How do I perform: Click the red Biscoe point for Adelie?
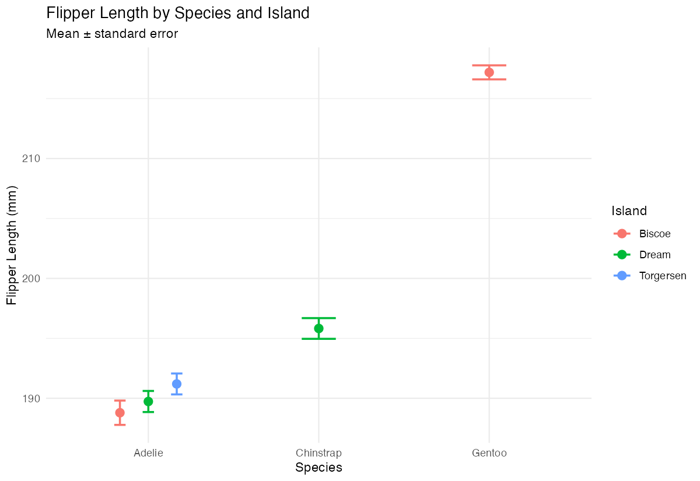pyautogui.click(x=120, y=413)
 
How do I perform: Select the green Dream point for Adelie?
pyautogui.click(x=148, y=401)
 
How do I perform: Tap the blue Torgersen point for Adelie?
pyautogui.click(x=177, y=384)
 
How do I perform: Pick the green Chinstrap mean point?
pyautogui.click(x=318, y=328)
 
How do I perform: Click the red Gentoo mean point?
pyautogui.click(x=489, y=72)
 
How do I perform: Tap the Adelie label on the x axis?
pyautogui.click(x=148, y=453)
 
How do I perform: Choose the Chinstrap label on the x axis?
pyautogui.click(x=318, y=453)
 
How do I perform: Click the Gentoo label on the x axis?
pyautogui.click(x=489, y=453)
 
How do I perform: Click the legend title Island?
pyautogui.click(x=629, y=210)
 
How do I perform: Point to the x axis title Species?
pyautogui.click(x=318, y=468)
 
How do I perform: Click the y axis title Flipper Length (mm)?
pyautogui.click(x=12, y=245)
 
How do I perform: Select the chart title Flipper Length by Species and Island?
pyautogui.click(x=177, y=13)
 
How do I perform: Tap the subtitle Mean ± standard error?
pyautogui.click(x=112, y=34)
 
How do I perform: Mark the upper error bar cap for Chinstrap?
pyautogui.click(x=318, y=318)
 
